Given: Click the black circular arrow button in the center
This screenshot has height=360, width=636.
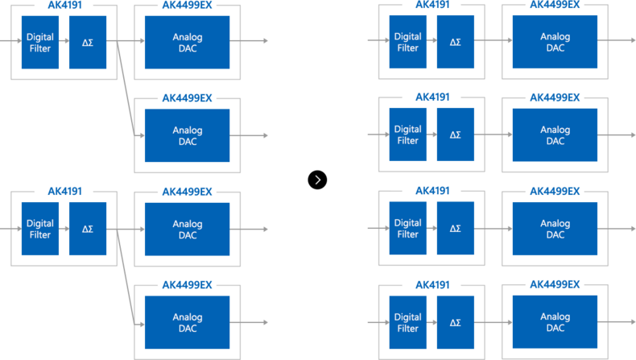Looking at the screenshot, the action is (x=317, y=180).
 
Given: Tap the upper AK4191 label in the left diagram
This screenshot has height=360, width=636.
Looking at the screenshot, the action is (x=65, y=6).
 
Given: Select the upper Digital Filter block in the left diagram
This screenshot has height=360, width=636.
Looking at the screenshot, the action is (x=40, y=42).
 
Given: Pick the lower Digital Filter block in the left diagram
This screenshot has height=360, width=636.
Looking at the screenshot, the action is (x=40, y=229).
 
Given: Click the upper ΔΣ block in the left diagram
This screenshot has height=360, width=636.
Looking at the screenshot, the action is (x=88, y=42).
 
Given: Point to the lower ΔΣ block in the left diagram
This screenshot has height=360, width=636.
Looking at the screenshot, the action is (x=88, y=229).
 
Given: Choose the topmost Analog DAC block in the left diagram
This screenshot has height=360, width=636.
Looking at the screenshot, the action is (x=187, y=42).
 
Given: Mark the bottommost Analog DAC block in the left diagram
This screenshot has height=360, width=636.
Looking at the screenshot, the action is (x=187, y=322).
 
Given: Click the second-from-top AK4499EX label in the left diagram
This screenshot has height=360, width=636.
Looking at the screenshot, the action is (x=187, y=98).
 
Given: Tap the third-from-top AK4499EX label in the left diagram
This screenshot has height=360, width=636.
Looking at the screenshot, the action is (x=187, y=192).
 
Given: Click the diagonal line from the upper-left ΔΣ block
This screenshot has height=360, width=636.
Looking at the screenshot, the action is (x=126, y=88).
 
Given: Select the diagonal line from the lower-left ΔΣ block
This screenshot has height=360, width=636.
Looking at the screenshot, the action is (x=126, y=277).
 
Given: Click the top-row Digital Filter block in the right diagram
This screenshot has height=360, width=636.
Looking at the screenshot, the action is (x=407, y=42).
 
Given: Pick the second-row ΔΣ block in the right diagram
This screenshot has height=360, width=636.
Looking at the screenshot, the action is (x=456, y=134).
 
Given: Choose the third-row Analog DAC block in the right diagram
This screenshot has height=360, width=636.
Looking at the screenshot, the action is (x=555, y=229).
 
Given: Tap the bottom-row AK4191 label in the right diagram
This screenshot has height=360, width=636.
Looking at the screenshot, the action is (x=432, y=285).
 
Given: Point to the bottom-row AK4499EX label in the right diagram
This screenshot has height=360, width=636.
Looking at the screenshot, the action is (x=555, y=284).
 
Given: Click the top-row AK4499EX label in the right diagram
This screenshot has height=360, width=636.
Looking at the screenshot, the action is (x=555, y=5).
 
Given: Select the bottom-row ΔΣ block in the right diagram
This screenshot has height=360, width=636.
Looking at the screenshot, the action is (x=456, y=322).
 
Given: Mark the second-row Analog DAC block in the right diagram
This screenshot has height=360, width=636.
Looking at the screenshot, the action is (x=555, y=134).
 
